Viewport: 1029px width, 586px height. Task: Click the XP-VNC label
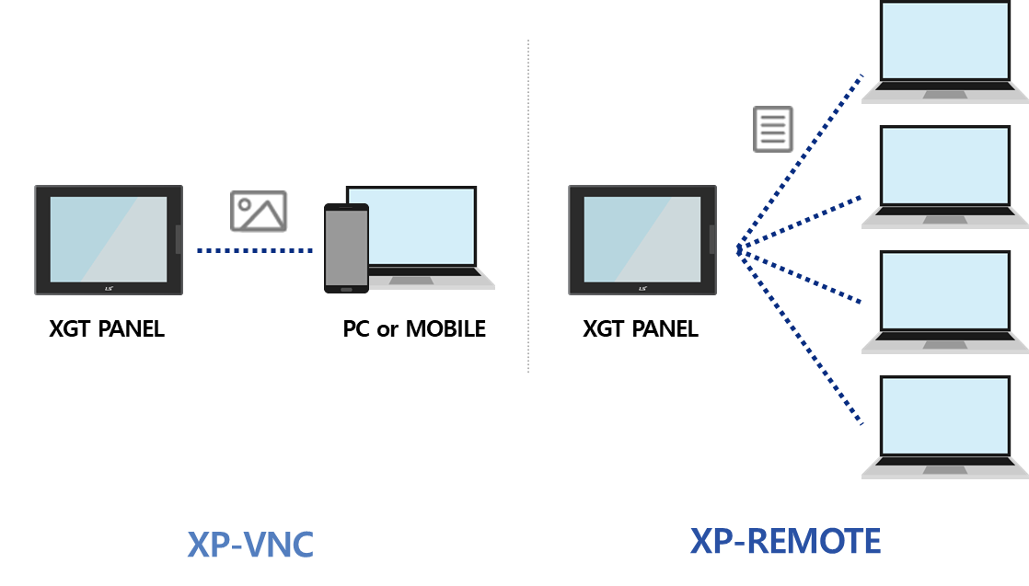[x=250, y=545]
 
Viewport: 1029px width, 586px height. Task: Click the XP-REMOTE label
[x=785, y=541]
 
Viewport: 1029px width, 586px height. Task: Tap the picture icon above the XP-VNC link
[x=259, y=212]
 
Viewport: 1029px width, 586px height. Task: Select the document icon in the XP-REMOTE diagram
[x=773, y=129]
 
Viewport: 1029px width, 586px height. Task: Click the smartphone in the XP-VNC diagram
[x=346, y=247]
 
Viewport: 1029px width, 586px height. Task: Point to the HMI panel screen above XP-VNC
[x=109, y=238]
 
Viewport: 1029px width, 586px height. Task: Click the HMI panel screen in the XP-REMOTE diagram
[x=642, y=238]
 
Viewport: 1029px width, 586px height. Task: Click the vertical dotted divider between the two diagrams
[x=528, y=207]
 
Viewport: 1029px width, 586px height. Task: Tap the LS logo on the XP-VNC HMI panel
[x=109, y=288]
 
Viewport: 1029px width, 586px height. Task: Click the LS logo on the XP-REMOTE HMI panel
[x=642, y=288]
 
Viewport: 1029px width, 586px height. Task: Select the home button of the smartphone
[x=346, y=289]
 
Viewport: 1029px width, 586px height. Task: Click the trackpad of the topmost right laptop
[x=945, y=94]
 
